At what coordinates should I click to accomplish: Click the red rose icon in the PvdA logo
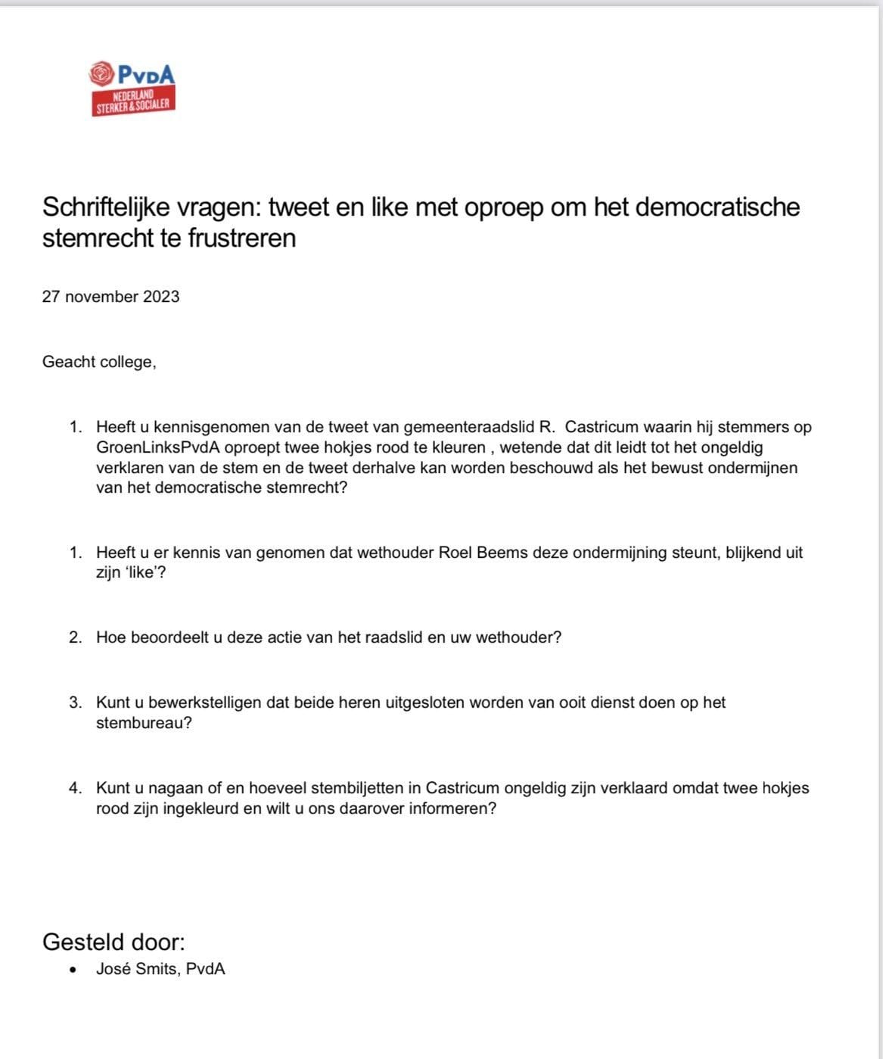[x=101, y=73]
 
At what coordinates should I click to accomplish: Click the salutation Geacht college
[x=99, y=362]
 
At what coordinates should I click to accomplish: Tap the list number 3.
[x=75, y=702]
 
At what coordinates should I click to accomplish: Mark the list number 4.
[x=75, y=788]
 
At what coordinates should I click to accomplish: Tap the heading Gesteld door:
[x=113, y=942]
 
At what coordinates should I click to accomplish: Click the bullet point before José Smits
[x=73, y=970]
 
